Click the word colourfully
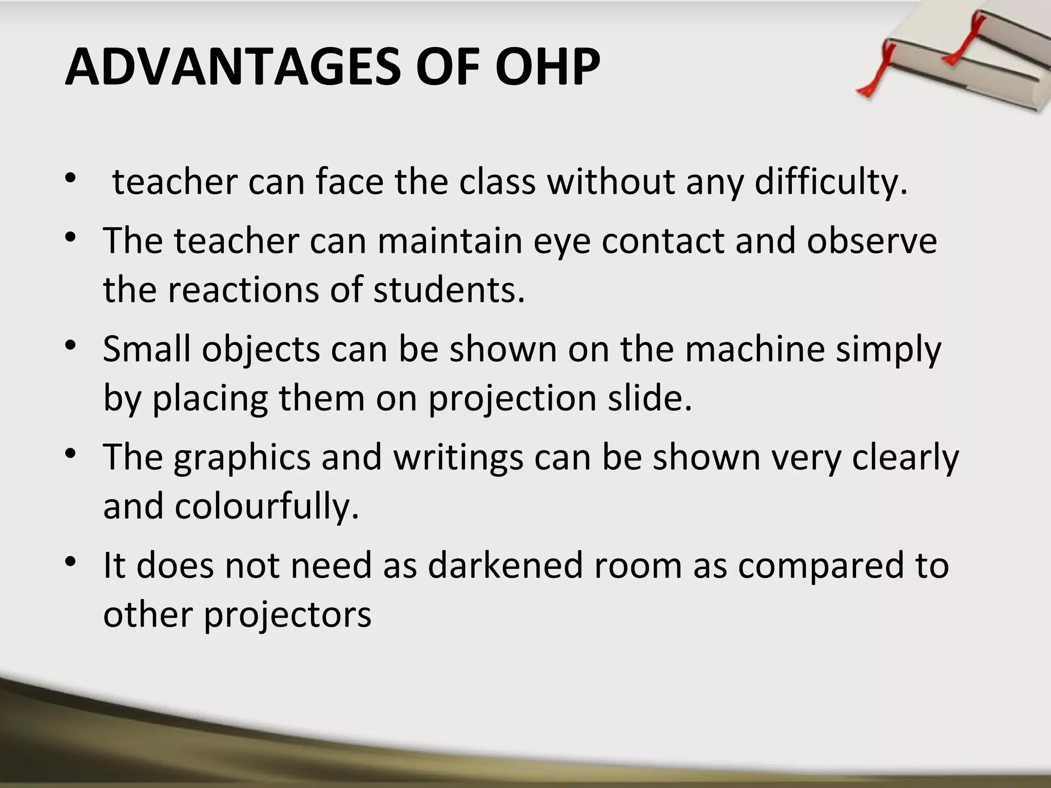tap(267, 506)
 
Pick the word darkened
tap(505, 565)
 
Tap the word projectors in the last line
tap(288, 615)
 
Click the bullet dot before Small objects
tap(71, 345)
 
